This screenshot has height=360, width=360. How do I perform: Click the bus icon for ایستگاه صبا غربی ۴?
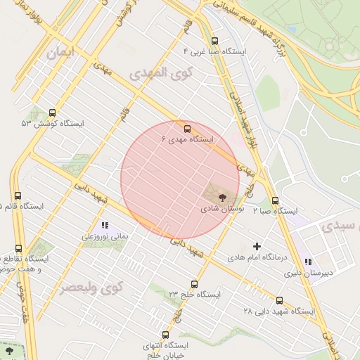click(214, 41)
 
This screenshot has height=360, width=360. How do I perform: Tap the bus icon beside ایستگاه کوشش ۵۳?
click(53, 112)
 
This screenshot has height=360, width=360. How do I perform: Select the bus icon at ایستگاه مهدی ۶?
click(187, 129)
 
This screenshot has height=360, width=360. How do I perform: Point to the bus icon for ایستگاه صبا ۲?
click(275, 200)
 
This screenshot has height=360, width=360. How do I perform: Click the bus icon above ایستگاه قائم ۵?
click(18, 195)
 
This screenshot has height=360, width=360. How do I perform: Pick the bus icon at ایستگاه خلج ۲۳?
click(195, 283)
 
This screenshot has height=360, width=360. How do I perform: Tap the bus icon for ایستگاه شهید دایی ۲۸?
click(280, 300)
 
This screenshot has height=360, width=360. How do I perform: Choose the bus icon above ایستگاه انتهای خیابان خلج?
click(165, 335)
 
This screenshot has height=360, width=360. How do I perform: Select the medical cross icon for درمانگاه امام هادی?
click(257, 247)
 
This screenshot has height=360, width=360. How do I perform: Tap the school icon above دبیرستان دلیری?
click(308, 262)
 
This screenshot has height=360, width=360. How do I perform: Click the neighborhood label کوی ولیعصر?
click(91, 288)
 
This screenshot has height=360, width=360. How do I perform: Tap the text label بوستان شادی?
click(220, 209)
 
